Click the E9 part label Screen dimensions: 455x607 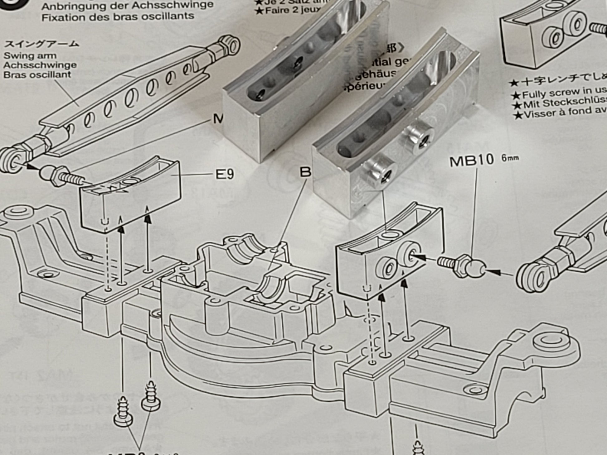pos(225,175)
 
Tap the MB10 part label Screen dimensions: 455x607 pos(471,160)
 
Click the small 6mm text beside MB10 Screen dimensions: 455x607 pos(510,158)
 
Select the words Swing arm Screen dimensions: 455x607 pos(30,56)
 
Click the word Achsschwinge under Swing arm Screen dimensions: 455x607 pos(40,65)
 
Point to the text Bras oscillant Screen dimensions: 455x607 pos(37,75)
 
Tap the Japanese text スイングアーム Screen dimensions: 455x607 pos(41,44)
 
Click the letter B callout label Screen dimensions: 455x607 pos(305,172)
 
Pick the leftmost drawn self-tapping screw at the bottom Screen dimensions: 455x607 pos(123,411)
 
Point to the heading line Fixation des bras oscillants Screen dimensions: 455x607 pos(118,16)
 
